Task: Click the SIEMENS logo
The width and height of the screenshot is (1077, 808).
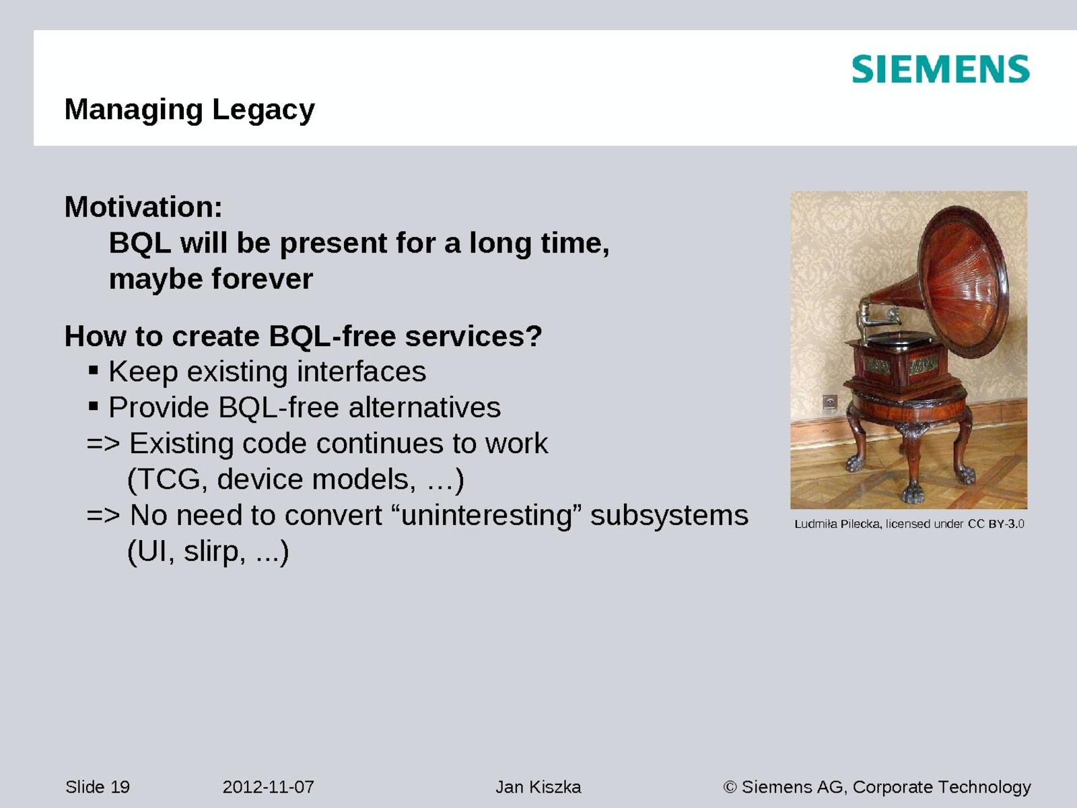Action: pos(940,69)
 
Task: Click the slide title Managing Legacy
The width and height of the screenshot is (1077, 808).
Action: pos(189,109)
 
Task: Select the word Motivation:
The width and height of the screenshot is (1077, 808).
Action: pos(143,207)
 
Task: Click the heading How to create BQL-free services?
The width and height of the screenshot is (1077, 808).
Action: pos(303,336)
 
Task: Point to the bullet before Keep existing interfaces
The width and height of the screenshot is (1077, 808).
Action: pos(93,370)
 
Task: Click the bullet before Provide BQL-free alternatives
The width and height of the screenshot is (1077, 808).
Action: pos(93,406)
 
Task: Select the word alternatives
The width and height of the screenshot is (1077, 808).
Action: pos(425,407)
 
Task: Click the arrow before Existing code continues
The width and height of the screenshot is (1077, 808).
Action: pos(103,444)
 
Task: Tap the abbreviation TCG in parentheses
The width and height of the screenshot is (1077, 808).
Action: pos(169,479)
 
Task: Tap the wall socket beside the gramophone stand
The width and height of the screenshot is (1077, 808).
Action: pos(829,402)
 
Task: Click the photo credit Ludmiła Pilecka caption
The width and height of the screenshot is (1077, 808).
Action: pos(909,524)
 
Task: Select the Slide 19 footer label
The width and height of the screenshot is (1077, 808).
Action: pos(98,787)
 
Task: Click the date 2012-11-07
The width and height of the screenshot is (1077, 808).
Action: pos(268,787)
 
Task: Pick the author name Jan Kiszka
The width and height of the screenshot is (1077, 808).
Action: pos(538,787)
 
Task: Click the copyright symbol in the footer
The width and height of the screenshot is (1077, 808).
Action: pos(730,787)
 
